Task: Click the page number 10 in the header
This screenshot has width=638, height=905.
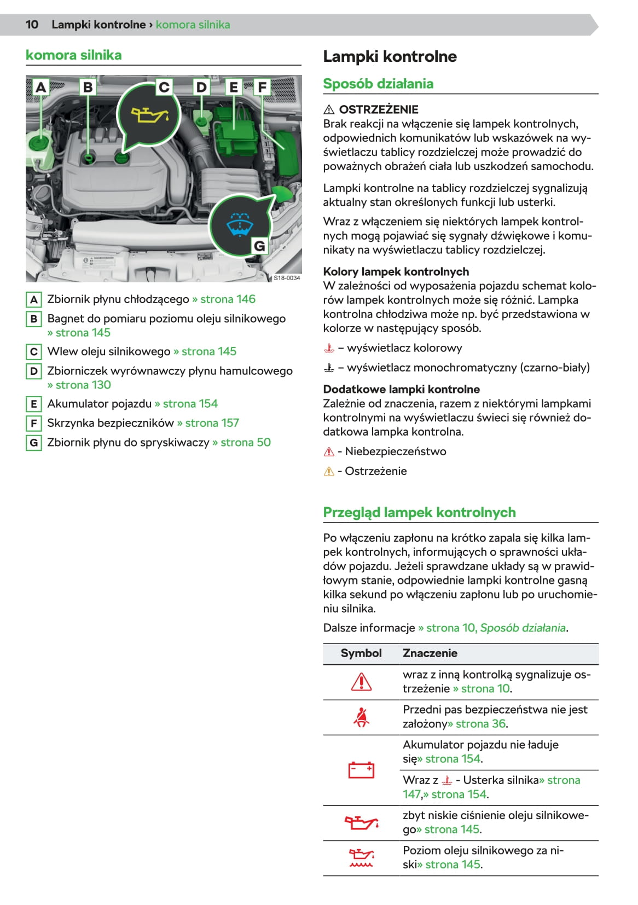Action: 32,25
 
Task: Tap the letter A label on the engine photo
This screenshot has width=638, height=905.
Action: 40,88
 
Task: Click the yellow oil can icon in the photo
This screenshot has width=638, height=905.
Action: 149,115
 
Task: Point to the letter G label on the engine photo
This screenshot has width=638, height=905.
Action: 259,246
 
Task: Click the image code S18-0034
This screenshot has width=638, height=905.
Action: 287,278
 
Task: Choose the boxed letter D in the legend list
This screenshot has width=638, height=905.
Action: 34,372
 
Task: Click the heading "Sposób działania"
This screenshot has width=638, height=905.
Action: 378,84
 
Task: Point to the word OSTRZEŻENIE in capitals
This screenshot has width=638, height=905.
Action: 379,109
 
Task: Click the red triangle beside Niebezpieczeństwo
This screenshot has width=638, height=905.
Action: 329,452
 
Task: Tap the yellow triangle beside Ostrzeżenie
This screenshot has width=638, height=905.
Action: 329,472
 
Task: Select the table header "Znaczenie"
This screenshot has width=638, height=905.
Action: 430,653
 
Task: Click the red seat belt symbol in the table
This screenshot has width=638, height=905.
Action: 361,717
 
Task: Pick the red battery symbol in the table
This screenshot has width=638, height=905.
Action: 361,770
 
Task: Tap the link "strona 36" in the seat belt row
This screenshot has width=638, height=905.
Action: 478,724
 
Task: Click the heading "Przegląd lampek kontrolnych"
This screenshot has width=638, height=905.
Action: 419,513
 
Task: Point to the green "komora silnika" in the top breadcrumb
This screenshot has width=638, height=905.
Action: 193,25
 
